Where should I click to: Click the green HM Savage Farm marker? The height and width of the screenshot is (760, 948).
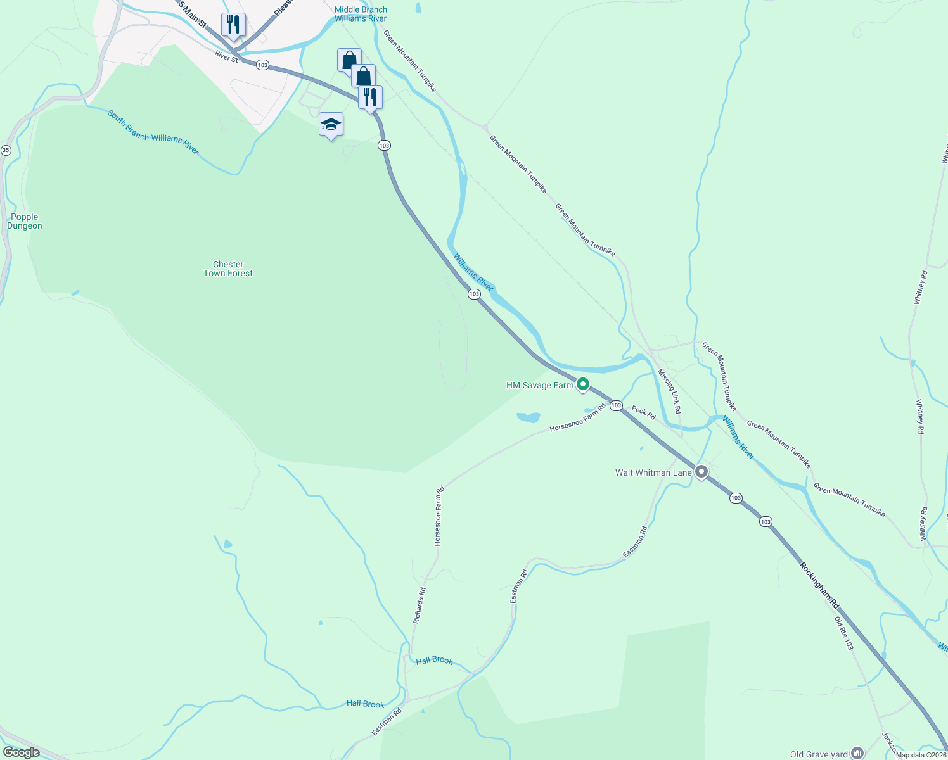coord(583,384)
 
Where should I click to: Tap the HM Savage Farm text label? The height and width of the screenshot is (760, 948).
coord(539,385)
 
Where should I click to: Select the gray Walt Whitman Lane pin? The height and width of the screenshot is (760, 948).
coord(701,472)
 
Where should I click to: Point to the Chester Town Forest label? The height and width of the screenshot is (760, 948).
coord(228,269)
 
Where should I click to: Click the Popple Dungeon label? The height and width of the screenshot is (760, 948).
coord(25,222)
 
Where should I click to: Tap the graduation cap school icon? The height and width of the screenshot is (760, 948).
coord(331,124)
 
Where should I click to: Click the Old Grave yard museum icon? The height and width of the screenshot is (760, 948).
coord(857,752)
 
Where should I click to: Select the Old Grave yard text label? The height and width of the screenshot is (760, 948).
coord(819,754)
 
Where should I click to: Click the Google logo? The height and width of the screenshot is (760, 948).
coord(21,752)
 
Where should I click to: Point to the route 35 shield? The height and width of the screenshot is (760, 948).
coord(6,150)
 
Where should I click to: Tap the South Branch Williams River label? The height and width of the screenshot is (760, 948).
coord(153,132)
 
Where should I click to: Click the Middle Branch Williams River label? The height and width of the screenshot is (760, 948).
coord(361,14)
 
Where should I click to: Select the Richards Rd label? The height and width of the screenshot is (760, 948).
coord(420,605)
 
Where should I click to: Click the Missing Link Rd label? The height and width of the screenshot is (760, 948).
coord(669,391)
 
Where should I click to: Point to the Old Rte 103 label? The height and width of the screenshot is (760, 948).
coord(843,633)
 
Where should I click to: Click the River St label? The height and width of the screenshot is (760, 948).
coord(226,57)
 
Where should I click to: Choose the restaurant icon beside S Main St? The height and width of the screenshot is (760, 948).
coord(233,25)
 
